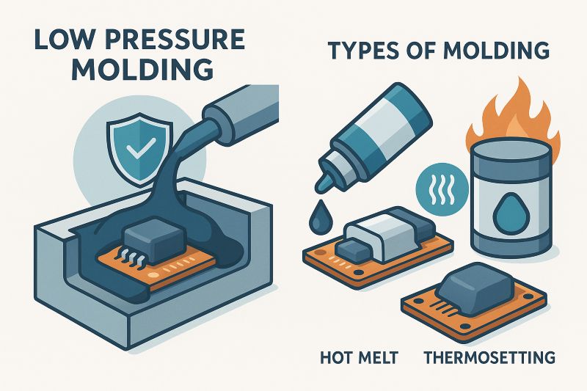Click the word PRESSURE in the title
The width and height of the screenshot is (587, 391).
[x=176, y=39]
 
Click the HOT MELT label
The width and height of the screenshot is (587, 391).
[x=359, y=358]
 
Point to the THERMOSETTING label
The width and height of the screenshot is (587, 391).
[x=489, y=358]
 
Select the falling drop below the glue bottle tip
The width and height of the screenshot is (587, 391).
[x=318, y=216]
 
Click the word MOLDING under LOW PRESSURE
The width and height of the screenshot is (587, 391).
[x=142, y=70]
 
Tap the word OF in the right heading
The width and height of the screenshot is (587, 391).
[x=423, y=51]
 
